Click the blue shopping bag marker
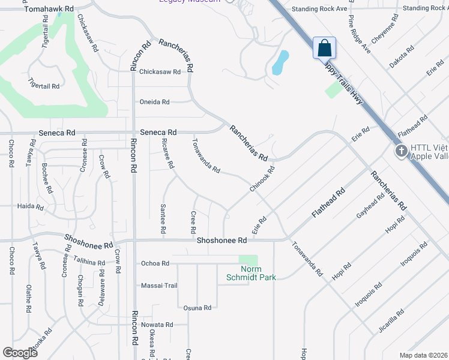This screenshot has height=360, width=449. (x=324, y=47)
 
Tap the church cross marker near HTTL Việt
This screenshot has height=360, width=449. (x=402, y=152)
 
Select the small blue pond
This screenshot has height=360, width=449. (x=280, y=62)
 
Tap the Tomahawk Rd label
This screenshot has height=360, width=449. (x=49, y=10)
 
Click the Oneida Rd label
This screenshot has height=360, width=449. (x=154, y=102)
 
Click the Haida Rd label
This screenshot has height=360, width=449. (x=31, y=207)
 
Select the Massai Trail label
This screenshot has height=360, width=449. (x=159, y=286)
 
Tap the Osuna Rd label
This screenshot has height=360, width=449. (x=197, y=308)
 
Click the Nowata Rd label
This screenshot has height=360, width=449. (x=157, y=325)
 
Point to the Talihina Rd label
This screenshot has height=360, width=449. (x=88, y=262)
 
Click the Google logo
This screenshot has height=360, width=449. (x=20, y=353)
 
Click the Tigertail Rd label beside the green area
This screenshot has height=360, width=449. (x=44, y=86)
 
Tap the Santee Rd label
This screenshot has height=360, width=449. (x=163, y=218)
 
